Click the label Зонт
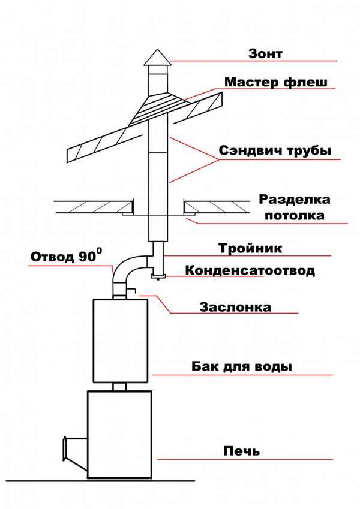[265, 53]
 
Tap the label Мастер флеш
[276, 82]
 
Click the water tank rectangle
[122, 340]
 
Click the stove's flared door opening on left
[74, 450]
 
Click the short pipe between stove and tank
[119, 387]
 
